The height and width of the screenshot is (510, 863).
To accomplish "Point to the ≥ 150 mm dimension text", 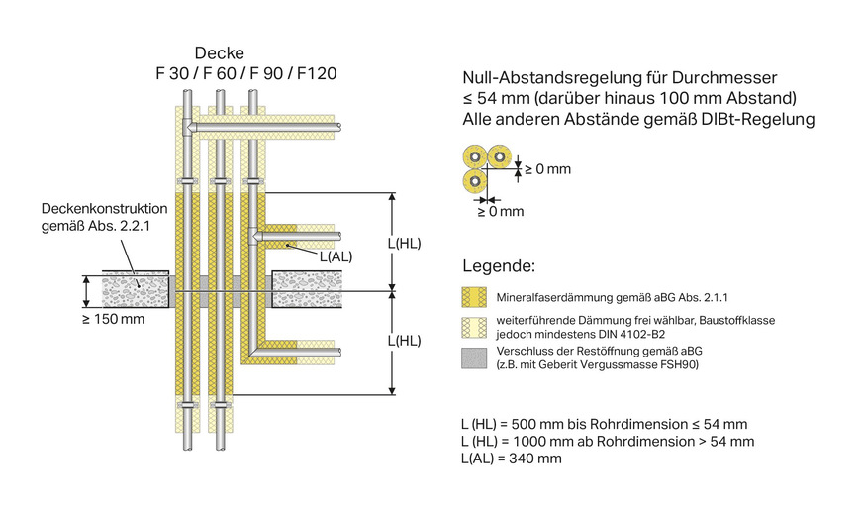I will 112,319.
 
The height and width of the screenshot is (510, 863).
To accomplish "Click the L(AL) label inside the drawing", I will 336,255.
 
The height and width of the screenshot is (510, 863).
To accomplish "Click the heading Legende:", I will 499,267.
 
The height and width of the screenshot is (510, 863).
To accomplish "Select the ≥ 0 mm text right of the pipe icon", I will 547,169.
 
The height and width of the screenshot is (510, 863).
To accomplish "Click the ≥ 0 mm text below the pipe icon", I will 500,211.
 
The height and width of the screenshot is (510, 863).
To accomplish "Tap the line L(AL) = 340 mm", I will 512,459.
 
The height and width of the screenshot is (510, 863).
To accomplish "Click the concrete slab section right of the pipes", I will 307,289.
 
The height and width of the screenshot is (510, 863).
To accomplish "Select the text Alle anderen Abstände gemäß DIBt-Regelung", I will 638,120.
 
